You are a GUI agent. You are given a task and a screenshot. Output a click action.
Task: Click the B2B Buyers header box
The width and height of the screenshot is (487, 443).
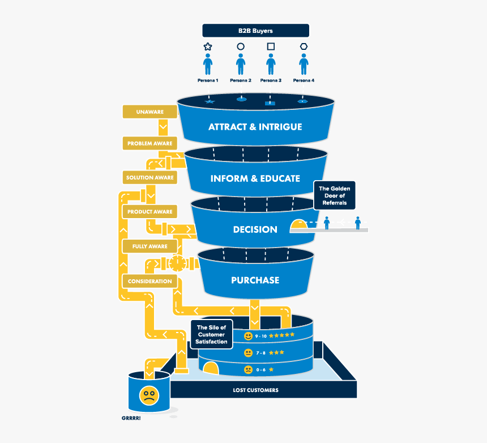pyautogui.click(x=255, y=31)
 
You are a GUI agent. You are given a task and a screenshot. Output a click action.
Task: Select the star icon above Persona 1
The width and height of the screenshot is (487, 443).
pyautogui.click(x=208, y=46)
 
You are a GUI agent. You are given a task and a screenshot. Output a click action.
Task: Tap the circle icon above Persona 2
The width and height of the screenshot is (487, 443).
pyautogui.click(x=241, y=46)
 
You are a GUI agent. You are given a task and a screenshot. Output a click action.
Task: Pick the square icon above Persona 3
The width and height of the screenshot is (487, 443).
pyautogui.click(x=271, y=46)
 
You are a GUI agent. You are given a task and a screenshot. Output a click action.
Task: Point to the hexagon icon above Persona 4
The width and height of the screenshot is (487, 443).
pyautogui.click(x=304, y=46)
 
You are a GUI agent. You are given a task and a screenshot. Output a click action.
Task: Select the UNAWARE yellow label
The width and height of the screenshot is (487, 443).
pyautogui.click(x=149, y=112)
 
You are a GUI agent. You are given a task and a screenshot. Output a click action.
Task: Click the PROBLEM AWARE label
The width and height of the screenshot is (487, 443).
pyautogui.click(x=149, y=143)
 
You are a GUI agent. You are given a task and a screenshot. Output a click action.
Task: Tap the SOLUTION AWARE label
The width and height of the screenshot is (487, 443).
pyautogui.click(x=149, y=177)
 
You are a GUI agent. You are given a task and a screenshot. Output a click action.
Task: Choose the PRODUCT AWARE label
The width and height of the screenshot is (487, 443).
pyautogui.click(x=149, y=212)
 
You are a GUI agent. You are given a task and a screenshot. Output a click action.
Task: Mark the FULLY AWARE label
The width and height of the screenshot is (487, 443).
pyautogui.click(x=149, y=246)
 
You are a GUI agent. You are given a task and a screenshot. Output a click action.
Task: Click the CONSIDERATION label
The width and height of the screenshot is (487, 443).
pyautogui.click(x=149, y=281)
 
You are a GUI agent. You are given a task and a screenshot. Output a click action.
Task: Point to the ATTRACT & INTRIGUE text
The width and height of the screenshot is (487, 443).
pyautogui.click(x=255, y=127)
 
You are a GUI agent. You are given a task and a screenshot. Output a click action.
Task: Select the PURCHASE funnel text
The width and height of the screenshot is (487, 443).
pyautogui.click(x=255, y=280)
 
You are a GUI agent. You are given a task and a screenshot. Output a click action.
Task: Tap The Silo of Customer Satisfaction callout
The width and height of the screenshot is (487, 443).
pyautogui.click(x=211, y=334)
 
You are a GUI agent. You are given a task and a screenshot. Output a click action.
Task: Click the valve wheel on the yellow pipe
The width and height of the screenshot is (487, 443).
pyautogui.click(x=177, y=263)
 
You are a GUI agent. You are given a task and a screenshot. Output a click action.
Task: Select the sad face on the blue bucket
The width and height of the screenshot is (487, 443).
pyautogui.click(x=149, y=395)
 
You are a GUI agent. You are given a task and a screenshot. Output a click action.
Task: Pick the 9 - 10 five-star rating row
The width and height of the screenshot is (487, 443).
pyautogui.click(x=270, y=336)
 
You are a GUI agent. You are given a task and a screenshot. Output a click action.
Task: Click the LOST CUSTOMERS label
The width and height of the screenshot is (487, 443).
pyautogui.click(x=255, y=390)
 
